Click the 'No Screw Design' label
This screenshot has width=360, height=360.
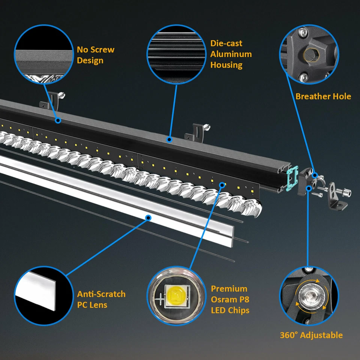coord(95,55)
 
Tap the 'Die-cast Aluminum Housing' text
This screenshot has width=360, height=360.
coord(231,54)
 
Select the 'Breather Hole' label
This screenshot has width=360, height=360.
coord(323,96)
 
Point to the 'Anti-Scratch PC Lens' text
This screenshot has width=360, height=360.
coord(101,299)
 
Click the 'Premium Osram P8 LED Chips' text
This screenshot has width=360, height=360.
coord(230,299)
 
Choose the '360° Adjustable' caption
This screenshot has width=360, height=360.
coord(311,335)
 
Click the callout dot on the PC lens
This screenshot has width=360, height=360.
coord(148,217)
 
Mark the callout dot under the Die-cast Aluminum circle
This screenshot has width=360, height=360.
coord(169,140)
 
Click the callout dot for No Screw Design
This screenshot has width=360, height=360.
coord(58,120)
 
